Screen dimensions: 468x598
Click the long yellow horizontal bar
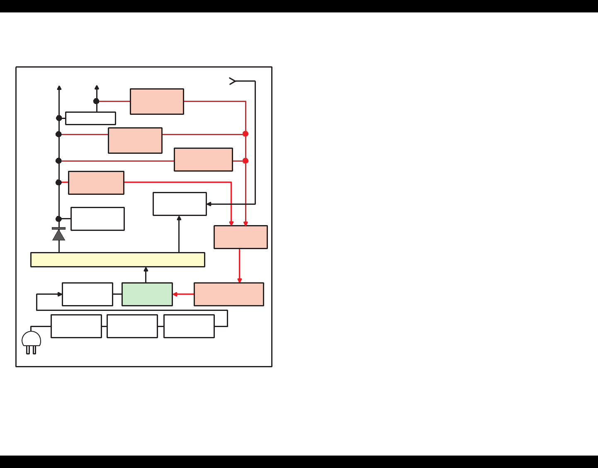click(x=118, y=259)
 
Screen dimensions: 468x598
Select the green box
click(x=147, y=294)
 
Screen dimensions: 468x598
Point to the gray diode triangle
click(x=59, y=235)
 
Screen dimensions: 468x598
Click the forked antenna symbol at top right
click(x=233, y=81)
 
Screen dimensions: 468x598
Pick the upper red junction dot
click(x=246, y=134)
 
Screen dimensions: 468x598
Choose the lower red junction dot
click(x=246, y=161)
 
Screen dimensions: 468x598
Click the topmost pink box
click(x=157, y=102)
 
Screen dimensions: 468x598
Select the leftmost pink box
click(x=96, y=183)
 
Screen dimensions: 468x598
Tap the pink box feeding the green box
click(x=229, y=294)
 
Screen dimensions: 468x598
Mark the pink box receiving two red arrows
click(x=241, y=237)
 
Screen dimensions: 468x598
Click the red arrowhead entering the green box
click(x=175, y=294)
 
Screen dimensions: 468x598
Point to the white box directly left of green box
click(x=88, y=294)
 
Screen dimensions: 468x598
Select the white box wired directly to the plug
click(x=76, y=326)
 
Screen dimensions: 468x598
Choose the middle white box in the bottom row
click(x=132, y=326)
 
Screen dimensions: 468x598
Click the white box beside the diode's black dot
click(x=98, y=219)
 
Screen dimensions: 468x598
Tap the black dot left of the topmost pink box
click(x=96, y=101)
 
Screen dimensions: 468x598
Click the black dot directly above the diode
click(x=59, y=219)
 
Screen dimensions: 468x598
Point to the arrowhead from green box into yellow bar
click(x=146, y=269)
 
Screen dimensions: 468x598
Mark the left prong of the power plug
click(x=28, y=350)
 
